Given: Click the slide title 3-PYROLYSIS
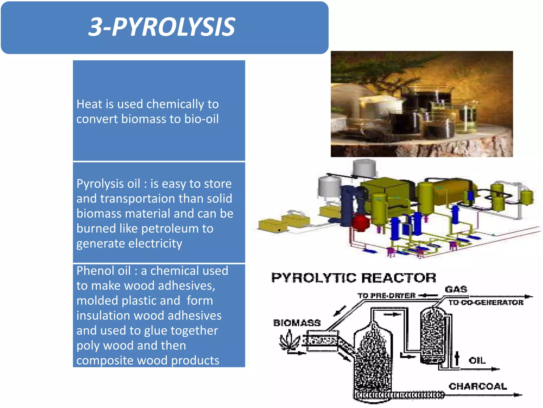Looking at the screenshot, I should [x=162, y=27].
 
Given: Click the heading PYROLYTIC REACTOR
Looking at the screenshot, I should [x=354, y=278].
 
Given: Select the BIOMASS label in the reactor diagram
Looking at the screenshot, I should [x=297, y=323].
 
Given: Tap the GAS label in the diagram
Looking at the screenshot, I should [x=456, y=289].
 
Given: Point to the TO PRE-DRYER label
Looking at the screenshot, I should [x=386, y=296].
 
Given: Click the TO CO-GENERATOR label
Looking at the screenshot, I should [x=486, y=303].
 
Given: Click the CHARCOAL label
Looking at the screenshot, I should [x=478, y=386].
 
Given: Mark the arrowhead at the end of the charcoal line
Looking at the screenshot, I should [x=518, y=395].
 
